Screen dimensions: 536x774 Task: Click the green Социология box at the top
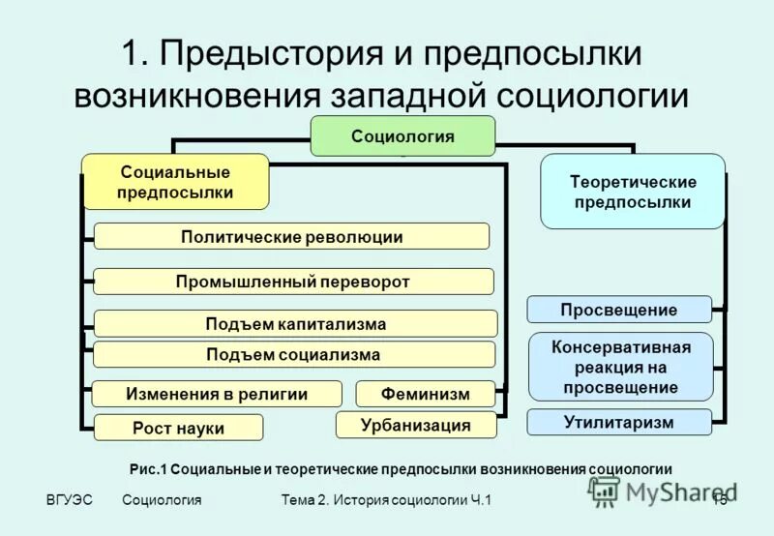(402, 135)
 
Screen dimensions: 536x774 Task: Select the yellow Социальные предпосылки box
(175, 182)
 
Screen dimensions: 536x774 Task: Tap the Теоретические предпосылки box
(632, 192)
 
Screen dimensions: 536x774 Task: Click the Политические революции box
(291, 237)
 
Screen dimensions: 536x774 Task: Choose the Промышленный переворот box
(293, 282)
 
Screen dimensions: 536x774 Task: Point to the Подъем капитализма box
(295, 324)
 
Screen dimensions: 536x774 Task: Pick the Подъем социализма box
(293, 354)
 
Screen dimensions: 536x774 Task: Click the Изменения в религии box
(217, 394)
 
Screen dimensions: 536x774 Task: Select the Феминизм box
(425, 394)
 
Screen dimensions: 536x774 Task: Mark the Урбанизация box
(415, 425)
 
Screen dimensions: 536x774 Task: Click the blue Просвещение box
(618, 310)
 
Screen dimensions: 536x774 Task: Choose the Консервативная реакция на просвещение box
(620, 367)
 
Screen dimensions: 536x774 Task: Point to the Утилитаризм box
(618, 422)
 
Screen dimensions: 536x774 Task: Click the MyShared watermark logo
(658, 491)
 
